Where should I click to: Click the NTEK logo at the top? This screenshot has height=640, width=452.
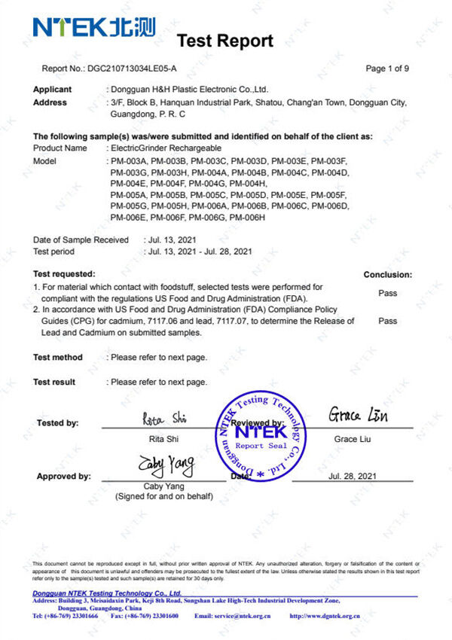pos(93,27)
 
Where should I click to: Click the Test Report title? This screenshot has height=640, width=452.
pos(224,41)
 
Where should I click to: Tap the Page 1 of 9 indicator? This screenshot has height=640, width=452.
pos(387,69)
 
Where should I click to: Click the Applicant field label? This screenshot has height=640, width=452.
pos(53,90)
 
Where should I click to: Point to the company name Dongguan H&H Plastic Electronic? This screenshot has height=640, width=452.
pos(189,90)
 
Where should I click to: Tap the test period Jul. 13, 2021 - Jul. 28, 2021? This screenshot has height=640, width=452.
pos(200,251)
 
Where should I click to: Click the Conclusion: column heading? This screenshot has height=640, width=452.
pos(387,275)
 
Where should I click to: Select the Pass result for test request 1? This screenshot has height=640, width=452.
pos(388,293)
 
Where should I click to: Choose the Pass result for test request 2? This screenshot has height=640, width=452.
pos(388,321)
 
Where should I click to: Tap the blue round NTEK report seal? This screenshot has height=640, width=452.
pos(261,435)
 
